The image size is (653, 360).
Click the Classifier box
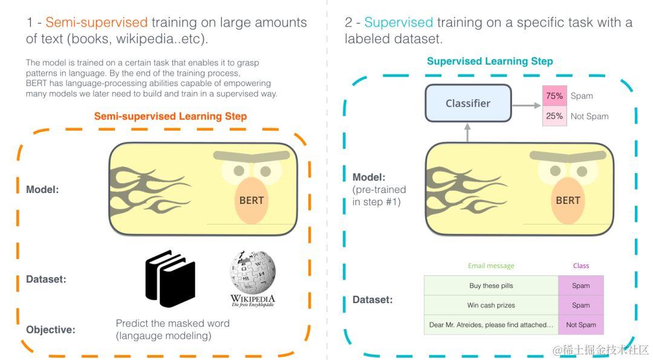click(468, 103)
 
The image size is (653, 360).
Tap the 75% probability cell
click(554, 96)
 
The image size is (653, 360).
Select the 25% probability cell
click(554, 116)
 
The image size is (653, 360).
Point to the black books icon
click(170, 278)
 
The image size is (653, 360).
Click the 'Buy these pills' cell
click(491, 286)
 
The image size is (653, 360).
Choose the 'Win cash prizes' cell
click(491, 305)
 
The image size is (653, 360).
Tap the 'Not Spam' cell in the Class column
click(580, 325)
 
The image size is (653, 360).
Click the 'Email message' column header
click(491, 266)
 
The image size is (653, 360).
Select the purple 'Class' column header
click(580, 266)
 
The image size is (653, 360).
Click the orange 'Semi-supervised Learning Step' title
click(171, 116)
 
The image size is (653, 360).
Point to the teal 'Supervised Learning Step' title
click(490, 61)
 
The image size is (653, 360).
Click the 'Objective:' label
click(51, 330)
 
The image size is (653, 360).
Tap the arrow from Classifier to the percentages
click(527, 105)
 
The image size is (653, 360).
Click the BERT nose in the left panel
click(252, 200)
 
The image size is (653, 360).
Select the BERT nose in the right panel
click(568, 200)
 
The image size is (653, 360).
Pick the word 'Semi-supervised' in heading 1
click(97, 23)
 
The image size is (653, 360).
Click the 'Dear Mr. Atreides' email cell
click(491, 325)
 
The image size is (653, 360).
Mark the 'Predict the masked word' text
click(172, 323)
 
